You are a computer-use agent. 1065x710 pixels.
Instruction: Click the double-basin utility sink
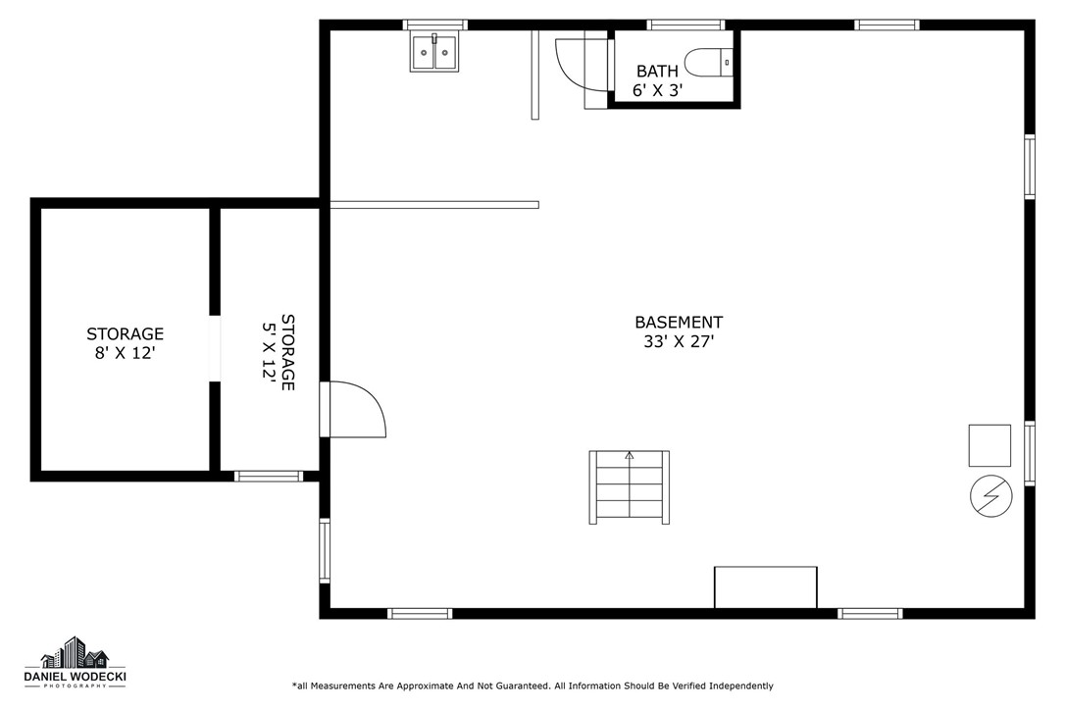pyautogui.click(x=434, y=52)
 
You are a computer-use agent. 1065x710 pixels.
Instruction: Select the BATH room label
pyautogui.click(x=657, y=71)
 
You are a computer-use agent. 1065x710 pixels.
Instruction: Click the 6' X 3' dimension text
pyautogui.click(x=657, y=90)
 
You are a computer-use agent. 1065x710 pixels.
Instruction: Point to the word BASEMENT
pyautogui.click(x=679, y=322)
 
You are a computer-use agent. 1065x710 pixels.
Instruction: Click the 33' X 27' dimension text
pyautogui.click(x=679, y=341)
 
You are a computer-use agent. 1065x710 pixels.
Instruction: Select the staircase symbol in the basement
pyautogui.click(x=629, y=487)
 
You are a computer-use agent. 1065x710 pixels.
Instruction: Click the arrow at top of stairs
pyautogui.click(x=630, y=455)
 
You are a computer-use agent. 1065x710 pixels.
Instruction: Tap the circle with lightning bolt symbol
pyautogui.click(x=991, y=496)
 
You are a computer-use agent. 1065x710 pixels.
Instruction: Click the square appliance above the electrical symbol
pyautogui.click(x=989, y=445)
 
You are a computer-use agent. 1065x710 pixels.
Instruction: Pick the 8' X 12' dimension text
pyautogui.click(x=125, y=353)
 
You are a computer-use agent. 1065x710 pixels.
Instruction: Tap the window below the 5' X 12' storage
pyautogui.click(x=269, y=477)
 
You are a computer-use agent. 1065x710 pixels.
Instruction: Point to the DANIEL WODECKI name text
pyautogui.click(x=75, y=676)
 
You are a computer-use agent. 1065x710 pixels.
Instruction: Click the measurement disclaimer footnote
pyautogui.click(x=532, y=686)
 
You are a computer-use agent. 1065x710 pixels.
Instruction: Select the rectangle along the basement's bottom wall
pyautogui.click(x=766, y=587)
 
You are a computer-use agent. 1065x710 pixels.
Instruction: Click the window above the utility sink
pyautogui.click(x=434, y=25)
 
